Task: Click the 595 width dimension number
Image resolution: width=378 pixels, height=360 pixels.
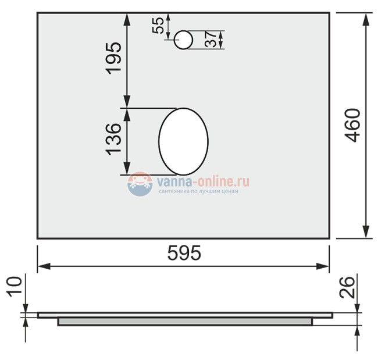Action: [184, 254]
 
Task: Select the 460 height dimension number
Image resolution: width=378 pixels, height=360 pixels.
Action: [352, 125]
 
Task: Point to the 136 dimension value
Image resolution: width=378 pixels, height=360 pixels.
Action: [114, 138]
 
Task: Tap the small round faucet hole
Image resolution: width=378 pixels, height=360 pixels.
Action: [183, 40]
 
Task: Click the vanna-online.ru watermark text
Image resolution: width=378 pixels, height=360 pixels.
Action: [203, 182]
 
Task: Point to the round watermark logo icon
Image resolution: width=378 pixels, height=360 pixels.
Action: [140, 184]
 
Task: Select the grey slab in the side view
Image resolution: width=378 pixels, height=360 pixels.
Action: [185, 321]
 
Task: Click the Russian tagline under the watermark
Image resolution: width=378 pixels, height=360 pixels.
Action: [198, 191]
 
